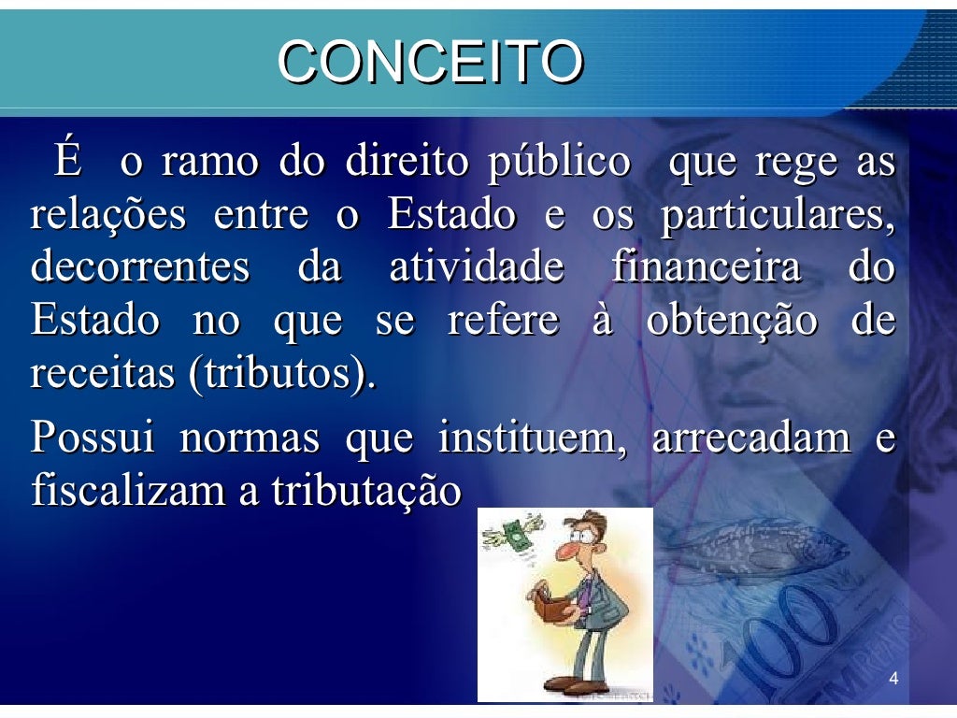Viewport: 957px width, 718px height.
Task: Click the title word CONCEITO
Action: point(431,64)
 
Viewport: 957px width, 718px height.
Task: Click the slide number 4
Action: point(893,679)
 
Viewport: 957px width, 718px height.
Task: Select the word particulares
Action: point(777,216)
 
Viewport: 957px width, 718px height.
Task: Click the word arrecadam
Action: point(750,438)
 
